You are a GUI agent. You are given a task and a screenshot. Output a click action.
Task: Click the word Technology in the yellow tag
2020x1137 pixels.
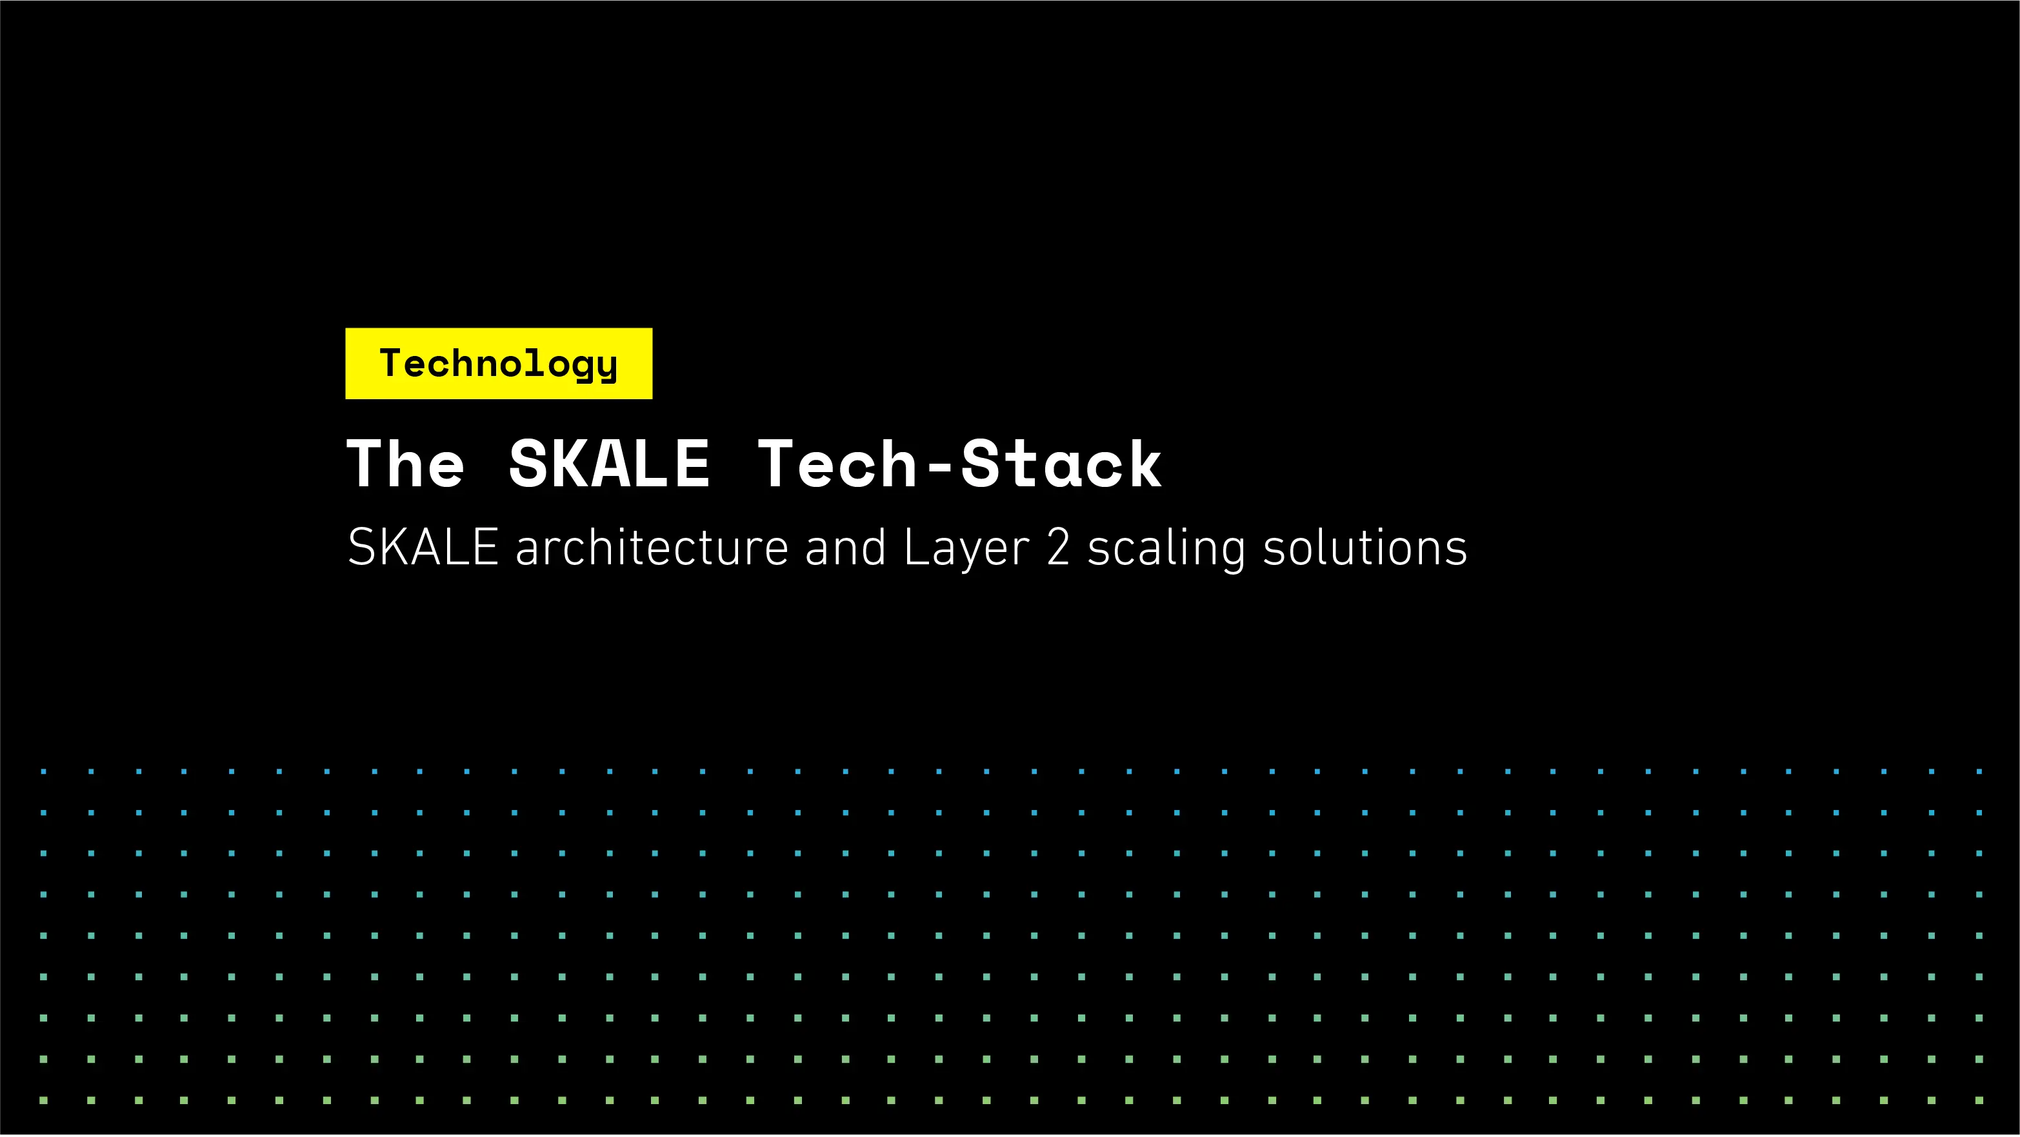coord(499,364)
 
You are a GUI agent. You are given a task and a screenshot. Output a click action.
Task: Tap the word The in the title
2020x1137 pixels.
coord(405,464)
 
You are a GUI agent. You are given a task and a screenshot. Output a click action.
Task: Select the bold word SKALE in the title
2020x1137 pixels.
coord(609,464)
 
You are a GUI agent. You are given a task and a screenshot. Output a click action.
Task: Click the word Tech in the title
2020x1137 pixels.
coord(837,464)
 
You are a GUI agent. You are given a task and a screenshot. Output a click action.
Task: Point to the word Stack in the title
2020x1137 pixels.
coord(1061,464)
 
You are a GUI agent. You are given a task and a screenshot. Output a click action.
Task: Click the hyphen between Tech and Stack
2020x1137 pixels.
coord(939,468)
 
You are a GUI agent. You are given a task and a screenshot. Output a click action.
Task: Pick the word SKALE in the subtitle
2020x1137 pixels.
coord(423,548)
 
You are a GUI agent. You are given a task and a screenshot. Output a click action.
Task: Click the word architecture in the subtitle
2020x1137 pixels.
coord(652,548)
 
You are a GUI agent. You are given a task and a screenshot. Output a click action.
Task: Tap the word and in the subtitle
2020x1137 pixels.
coord(845,548)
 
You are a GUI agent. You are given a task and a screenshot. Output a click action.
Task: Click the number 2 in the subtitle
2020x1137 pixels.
coord(1058,548)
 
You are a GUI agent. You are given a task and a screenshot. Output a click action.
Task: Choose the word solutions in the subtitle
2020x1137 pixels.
coord(1365,548)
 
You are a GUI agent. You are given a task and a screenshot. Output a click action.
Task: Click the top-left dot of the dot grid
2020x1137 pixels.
coord(44,771)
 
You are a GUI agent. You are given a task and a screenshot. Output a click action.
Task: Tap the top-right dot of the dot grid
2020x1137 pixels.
coord(1979,771)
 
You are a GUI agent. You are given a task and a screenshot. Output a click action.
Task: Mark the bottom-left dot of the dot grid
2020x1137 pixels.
coord(44,1100)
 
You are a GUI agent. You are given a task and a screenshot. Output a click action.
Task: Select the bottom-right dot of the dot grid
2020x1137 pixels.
coord(1979,1100)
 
